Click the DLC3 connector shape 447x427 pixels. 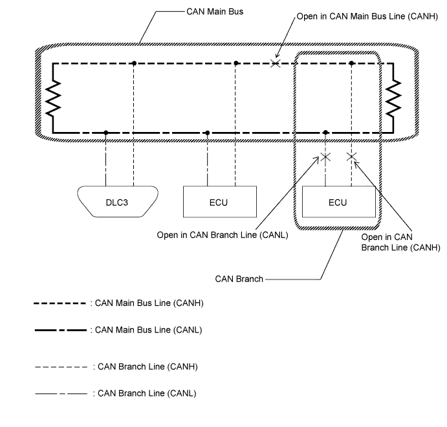click(117, 202)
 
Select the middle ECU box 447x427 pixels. click(218, 202)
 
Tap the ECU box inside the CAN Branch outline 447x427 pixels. click(338, 202)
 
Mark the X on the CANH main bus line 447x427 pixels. click(276, 63)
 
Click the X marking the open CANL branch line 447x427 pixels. click(325, 157)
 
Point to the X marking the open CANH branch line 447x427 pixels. click(351, 157)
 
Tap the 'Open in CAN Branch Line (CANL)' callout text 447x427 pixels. click(222, 235)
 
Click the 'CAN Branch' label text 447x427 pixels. click(239, 279)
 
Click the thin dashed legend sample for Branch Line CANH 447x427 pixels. click(61, 366)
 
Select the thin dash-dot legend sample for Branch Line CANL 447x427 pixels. click(61, 393)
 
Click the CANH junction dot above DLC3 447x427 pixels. click(133, 63)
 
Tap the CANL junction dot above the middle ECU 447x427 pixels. click(207, 133)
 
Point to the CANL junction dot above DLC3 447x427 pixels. click(105, 133)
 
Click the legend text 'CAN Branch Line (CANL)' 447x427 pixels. click(147, 393)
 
